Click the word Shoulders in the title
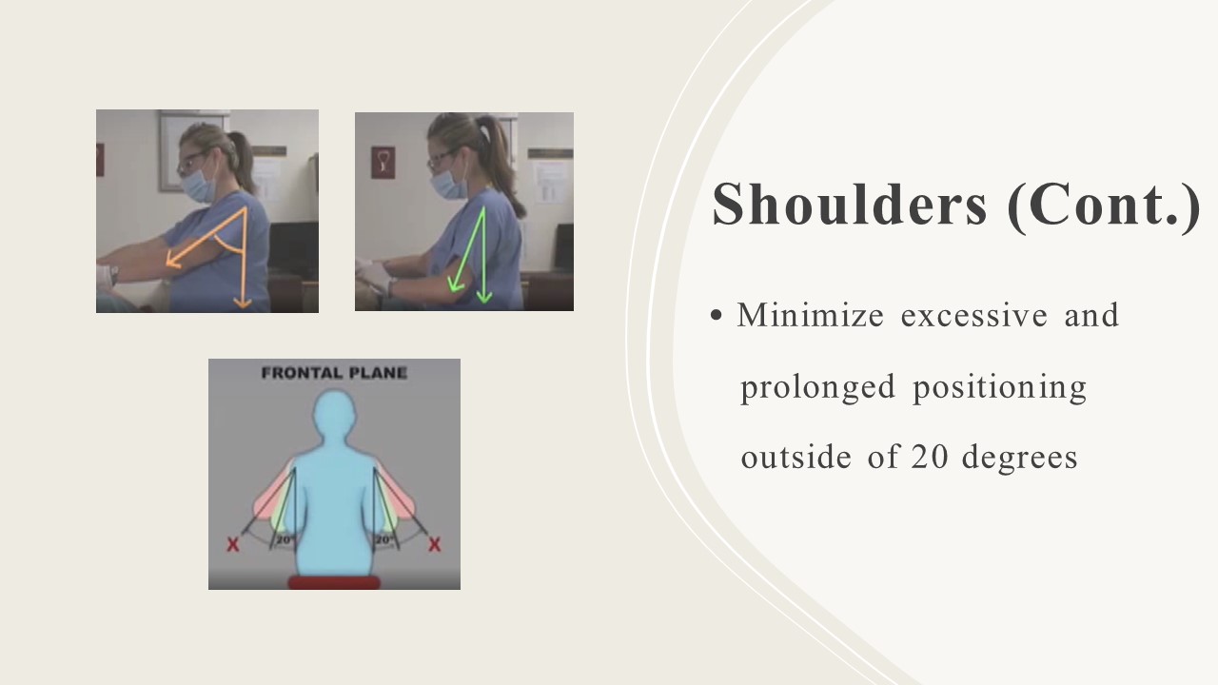[x=850, y=205]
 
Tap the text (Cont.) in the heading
[x=1104, y=206]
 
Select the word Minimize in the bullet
[x=810, y=315]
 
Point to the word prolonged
[x=817, y=388]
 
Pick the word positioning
[x=999, y=388]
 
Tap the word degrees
[x=1019, y=458]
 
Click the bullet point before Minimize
[x=717, y=316]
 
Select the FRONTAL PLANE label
[x=334, y=373]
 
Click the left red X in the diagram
[x=233, y=544]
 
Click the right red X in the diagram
[x=434, y=544]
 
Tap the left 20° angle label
[x=285, y=539]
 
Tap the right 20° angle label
[x=383, y=539]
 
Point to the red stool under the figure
[x=334, y=582]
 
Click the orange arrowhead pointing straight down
[x=243, y=303]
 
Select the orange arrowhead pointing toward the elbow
[x=173, y=260]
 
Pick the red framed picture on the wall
[x=383, y=162]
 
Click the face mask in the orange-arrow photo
[x=198, y=184]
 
